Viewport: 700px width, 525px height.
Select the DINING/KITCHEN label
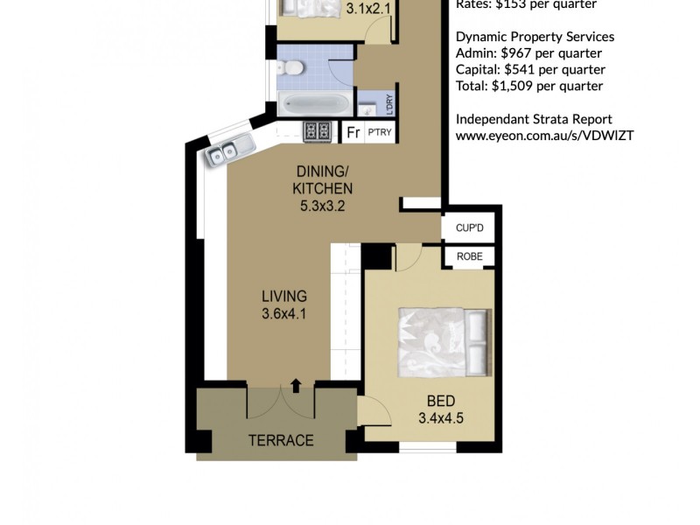(x=323, y=179)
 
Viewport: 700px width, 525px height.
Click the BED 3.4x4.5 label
(x=440, y=409)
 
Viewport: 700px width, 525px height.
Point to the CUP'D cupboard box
(x=469, y=228)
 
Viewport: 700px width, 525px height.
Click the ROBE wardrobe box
(x=469, y=257)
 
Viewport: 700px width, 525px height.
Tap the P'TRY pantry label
(x=379, y=133)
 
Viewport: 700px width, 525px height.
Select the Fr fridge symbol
(x=353, y=133)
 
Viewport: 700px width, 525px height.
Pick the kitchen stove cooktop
(x=317, y=131)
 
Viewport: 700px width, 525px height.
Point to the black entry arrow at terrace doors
(x=295, y=384)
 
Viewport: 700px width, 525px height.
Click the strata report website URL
(x=544, y=136)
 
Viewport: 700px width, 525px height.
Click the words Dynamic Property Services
(x=535, y=37)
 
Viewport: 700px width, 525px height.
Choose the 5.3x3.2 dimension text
(x=323, y=207)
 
